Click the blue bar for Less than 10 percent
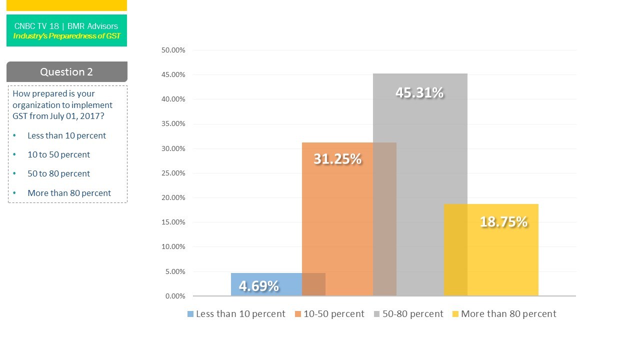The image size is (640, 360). pyautogui.click(x=265, y=284)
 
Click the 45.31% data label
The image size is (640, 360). pyautogui.click(x=419, y=93)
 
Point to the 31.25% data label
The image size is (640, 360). pyautogui.click(x=337, y=159)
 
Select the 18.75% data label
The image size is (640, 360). pyautogui.click(x=503, y=222)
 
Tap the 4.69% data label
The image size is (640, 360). pyautogui.click(x=259, y=286)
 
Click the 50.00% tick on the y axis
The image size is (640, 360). pyautogui.click(x=173, y=50)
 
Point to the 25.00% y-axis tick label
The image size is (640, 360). pyautogui.click(x=173, y=173)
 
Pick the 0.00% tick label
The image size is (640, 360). pyautogui.click(x=175, y=296)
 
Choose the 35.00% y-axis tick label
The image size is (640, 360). pyautogui.click(x=173, y=124)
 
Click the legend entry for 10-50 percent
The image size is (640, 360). pyautogui.click(x=333, y=314)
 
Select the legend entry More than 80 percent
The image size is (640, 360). pyautogui.click(x=508, y=314)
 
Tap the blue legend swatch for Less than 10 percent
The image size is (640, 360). pyautogui.click(x=190, y=314)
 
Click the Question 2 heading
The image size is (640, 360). pyautogui.click(x=66, y=72)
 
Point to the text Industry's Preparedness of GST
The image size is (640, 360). pyautogui.click(x=66, y=36)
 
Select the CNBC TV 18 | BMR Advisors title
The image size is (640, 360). pyautogui.click(x=66, y=26)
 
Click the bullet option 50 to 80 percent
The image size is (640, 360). pyautogui.click(x=58, y=174)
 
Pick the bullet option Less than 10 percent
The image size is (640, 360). pyautogui.click(x=66, y=135)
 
